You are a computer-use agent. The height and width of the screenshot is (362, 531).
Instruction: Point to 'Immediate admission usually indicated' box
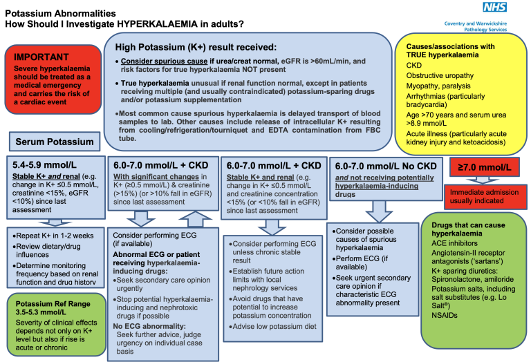485,200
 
